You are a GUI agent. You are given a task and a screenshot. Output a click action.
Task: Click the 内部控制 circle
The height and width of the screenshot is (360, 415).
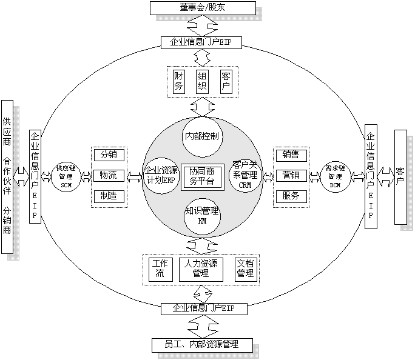coord(202,136)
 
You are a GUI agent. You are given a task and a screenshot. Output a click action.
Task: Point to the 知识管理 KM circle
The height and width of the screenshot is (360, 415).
coord(202,216)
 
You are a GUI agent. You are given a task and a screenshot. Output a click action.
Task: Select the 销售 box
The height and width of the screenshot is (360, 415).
coord(291,155)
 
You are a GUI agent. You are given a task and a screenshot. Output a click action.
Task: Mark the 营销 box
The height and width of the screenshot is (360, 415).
coord(291,176)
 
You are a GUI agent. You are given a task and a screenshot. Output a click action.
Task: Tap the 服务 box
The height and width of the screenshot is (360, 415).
coord(291,196)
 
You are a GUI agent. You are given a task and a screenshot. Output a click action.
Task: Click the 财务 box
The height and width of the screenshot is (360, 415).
coord(179,81)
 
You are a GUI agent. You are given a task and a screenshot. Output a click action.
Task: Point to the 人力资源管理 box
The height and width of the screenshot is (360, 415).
coord(200,268)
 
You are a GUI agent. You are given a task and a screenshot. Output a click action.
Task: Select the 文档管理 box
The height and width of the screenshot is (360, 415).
coord(245,268)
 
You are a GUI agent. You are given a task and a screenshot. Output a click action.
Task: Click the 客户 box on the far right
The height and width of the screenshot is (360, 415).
coord(400,176)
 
